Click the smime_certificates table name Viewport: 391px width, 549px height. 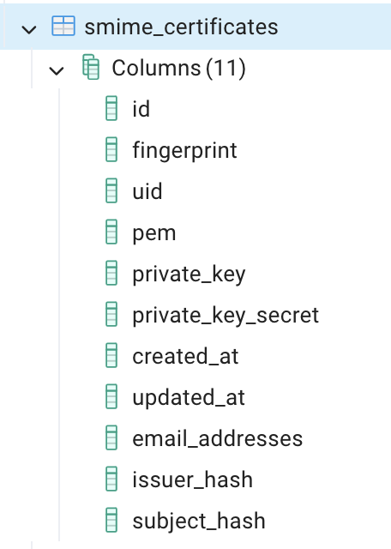click(181, 27)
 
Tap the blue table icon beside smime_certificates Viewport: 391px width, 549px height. click(63, 26)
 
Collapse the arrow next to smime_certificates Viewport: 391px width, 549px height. click(29, 29)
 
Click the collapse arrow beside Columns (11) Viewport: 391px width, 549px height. click(57, 70)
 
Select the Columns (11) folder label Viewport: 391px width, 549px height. click(178, 68)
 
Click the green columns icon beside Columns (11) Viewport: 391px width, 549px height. click(91, 67)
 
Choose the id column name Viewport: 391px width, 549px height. click(141, 109)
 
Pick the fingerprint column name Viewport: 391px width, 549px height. click(184, 151)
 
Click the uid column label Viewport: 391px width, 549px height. click(147, 191)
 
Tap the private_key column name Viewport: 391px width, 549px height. click(189, 274)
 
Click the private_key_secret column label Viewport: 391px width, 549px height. click(226, 316)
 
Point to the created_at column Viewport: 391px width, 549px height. click(185, 357)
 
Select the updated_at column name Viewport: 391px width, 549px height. click(189, 398)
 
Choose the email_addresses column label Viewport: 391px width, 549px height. click(218, 438)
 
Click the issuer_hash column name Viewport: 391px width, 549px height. click(193, 480)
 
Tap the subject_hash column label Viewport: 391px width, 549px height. click(199, 522)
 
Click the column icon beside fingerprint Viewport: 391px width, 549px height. click(111, 149)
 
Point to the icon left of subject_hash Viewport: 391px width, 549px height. click(111, 520)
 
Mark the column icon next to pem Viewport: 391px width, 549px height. click(111, 232)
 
